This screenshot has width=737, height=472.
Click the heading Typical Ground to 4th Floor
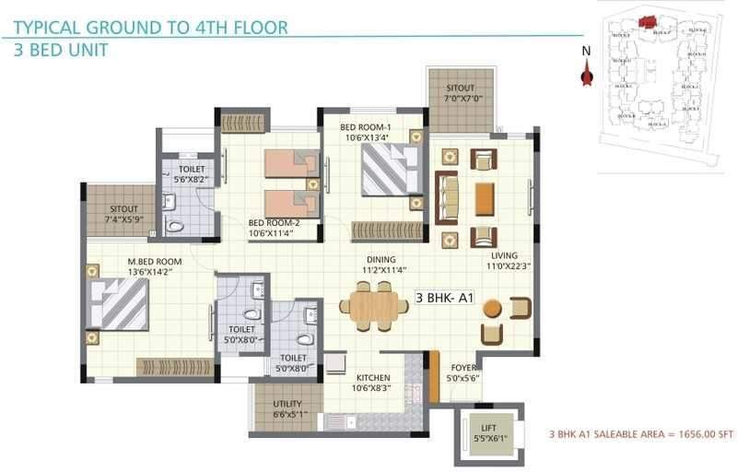click(150, 26)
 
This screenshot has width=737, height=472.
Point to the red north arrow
click(584, 76)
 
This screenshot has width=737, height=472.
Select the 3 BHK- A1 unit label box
click(444, 298)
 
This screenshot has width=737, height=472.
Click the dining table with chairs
click(373, 305)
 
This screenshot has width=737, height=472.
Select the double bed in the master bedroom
click(119, 304)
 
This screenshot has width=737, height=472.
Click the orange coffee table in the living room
click(484, 196)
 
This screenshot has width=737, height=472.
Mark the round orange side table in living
click(493, 307)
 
